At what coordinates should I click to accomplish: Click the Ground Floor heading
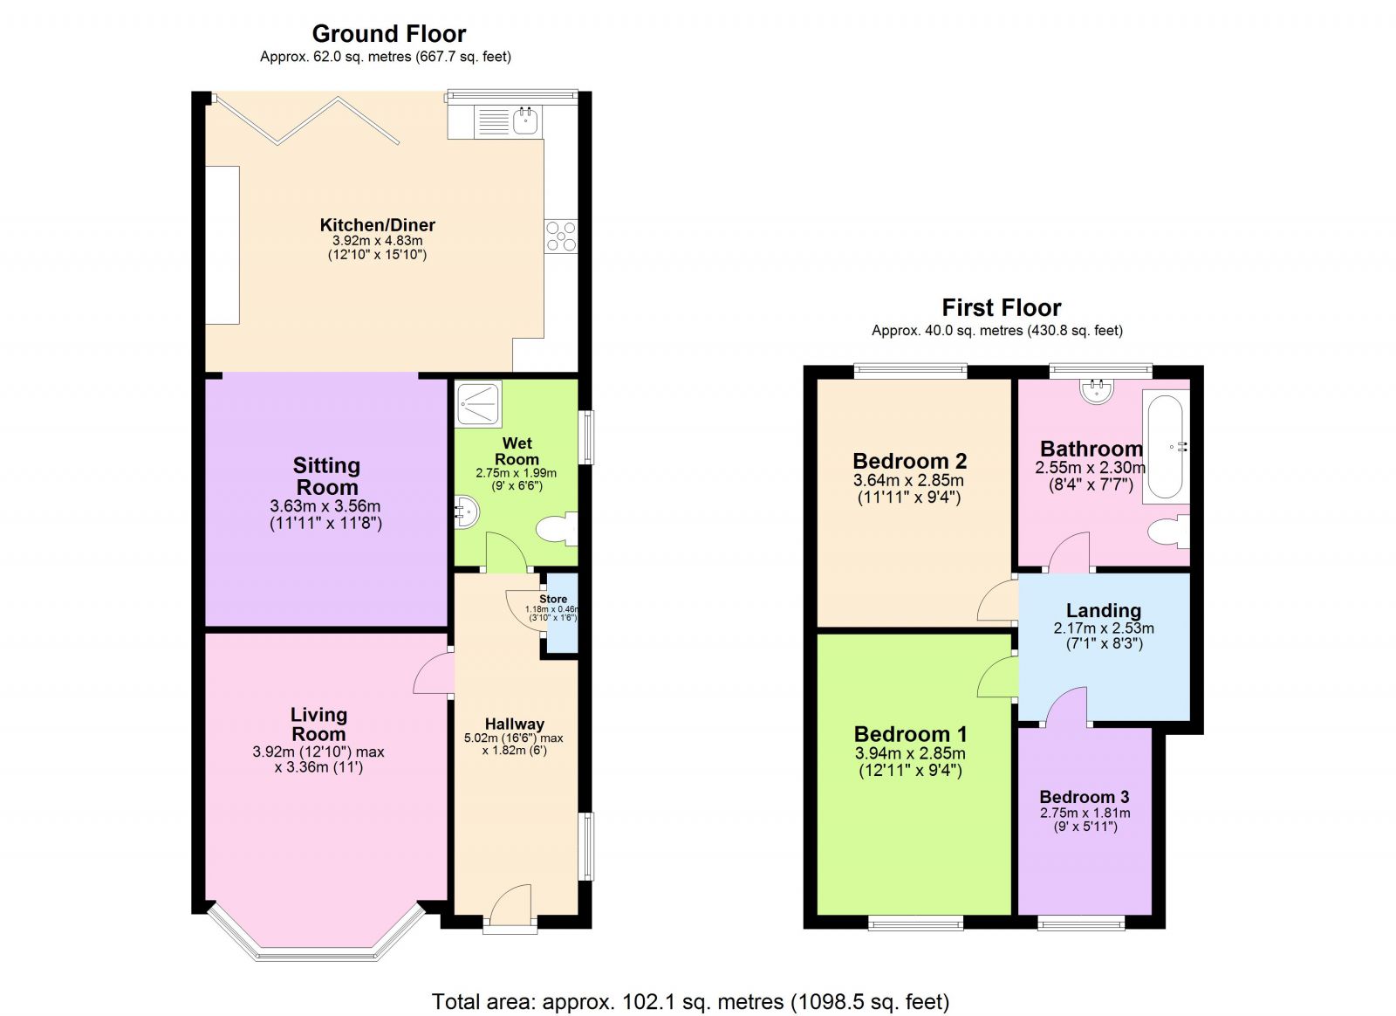[x=388, y=34]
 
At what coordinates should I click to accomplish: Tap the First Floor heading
[x=1001, y=307]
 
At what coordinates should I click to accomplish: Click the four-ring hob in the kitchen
[x=561, y=236]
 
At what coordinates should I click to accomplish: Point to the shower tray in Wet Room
[x=478, y=404]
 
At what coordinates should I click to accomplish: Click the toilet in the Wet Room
[x=556, y=529]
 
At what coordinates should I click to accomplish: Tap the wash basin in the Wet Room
[x=466, y=511]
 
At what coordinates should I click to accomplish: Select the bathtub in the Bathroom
[x=1166, y=446]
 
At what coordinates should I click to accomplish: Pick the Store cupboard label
[x=553, y=600]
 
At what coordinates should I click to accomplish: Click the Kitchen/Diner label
[x=377, y=225]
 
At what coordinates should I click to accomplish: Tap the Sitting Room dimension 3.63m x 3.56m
[x=325, y=506]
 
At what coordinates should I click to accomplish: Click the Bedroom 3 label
[x=1085, y=797]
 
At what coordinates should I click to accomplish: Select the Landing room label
[x=1103, y=610]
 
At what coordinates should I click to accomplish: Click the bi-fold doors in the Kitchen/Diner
[x=305, y=120]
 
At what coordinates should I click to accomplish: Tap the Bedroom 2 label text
[x=909, y=461]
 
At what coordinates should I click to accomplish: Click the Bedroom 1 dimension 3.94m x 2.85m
[x=909, y=753]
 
